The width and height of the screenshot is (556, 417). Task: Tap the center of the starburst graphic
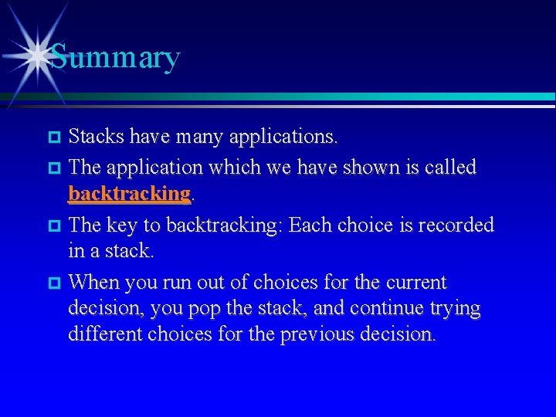tap(33, 55)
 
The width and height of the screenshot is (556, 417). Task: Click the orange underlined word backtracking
tap(129, 194)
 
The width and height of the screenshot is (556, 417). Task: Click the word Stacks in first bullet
tap(97, 137)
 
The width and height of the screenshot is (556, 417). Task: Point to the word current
tap(418, 282)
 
